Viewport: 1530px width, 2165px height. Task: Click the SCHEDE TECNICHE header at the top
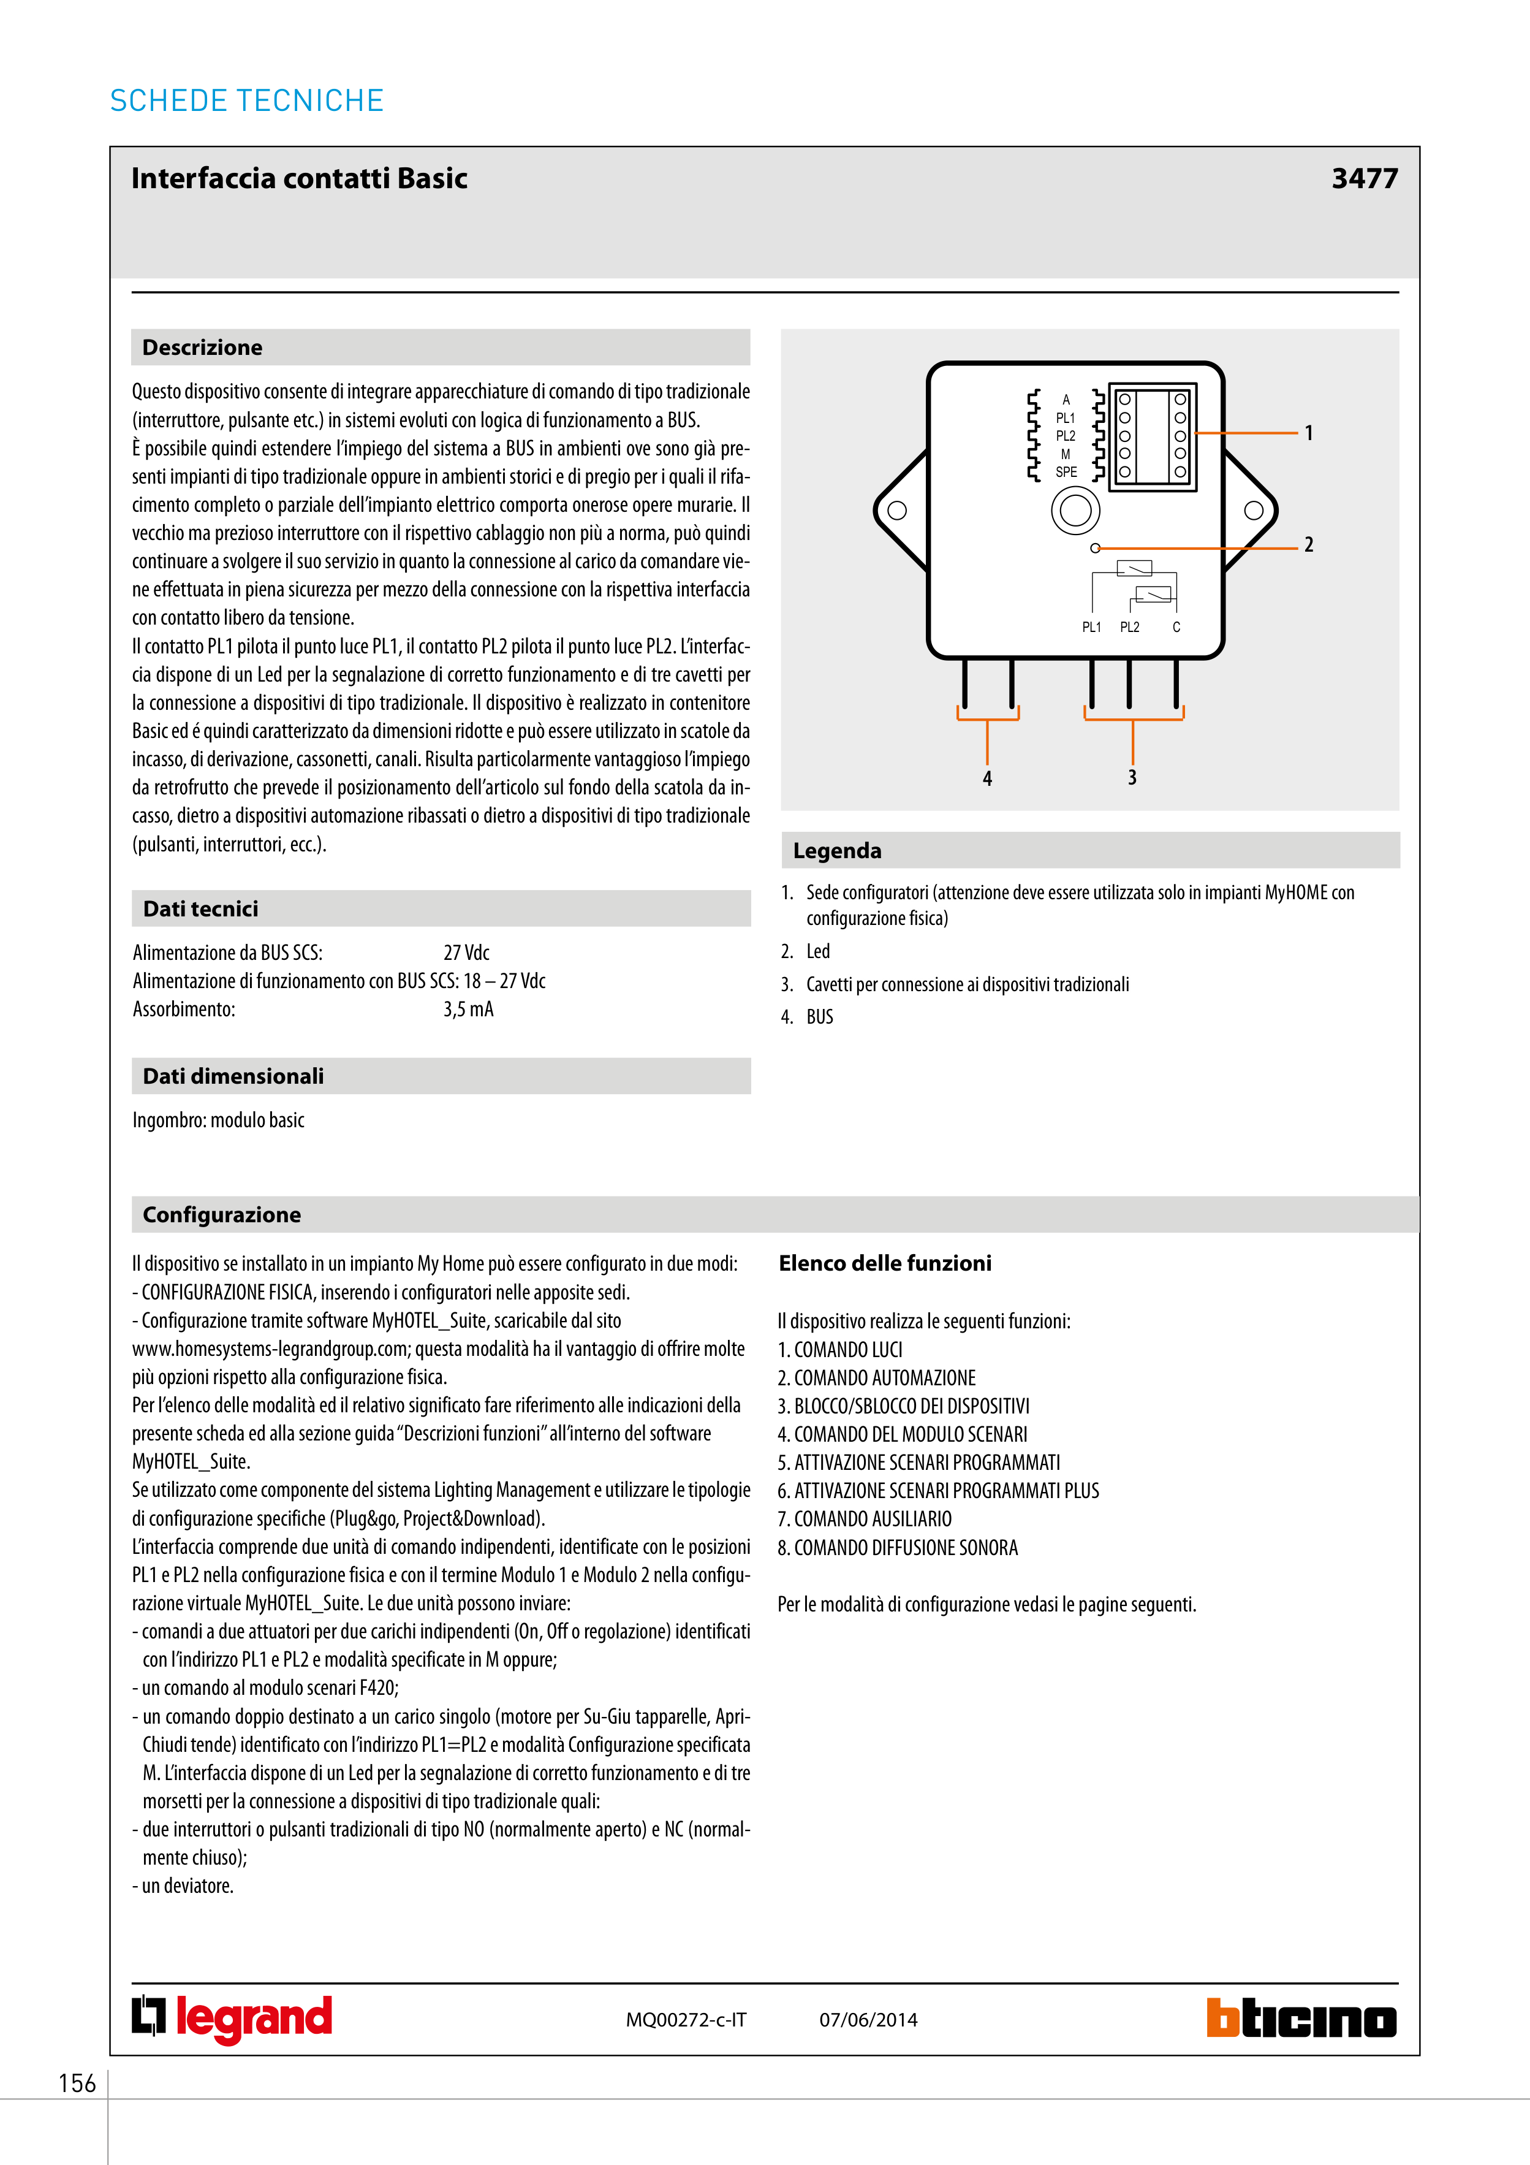click(247, 101)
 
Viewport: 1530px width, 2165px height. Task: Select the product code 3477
click(1363, 178)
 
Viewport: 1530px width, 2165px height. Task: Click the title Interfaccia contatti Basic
click(299, 178)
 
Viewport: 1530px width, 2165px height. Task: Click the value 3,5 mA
click(469, 1010)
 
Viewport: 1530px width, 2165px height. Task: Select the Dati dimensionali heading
click(233, 1077)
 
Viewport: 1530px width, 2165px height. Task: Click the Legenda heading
click(837, 851)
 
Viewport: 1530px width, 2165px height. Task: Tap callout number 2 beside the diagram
click(1308, 545)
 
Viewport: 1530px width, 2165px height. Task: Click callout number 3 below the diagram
click(1132, 778)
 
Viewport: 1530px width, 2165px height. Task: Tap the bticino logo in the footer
click(1301, 2019)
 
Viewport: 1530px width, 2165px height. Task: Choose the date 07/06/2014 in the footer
click(868, 2020)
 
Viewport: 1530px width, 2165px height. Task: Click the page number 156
click(77, 2083)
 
